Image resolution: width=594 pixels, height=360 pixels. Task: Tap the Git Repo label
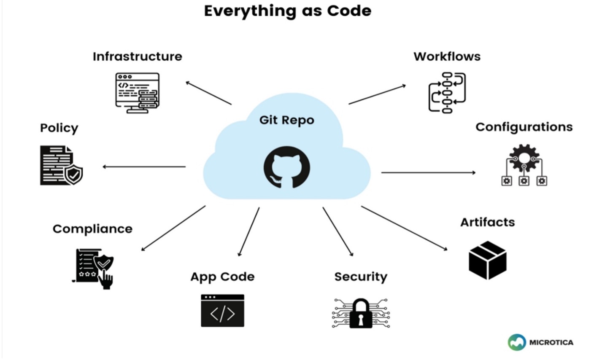287,120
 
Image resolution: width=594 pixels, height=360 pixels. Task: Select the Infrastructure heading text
138,56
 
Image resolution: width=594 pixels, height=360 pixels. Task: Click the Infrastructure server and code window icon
138,93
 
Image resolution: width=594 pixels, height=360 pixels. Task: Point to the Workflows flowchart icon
447,93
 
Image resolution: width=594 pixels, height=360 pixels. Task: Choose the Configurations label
524,127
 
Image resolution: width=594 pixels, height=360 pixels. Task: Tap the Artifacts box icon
488,260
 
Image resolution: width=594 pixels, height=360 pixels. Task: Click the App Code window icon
222,311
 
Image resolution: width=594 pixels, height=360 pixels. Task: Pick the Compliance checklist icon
94,268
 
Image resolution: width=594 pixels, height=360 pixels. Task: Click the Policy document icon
61,165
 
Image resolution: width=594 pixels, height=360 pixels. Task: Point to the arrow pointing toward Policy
144,167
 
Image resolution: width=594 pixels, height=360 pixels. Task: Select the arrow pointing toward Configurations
428,172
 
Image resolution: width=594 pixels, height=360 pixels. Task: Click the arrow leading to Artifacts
404,228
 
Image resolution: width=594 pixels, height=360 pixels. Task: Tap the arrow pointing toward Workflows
377,94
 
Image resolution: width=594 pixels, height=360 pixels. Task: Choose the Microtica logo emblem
516,342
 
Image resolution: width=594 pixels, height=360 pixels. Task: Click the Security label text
361,277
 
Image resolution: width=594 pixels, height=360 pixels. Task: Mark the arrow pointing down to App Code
249,231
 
